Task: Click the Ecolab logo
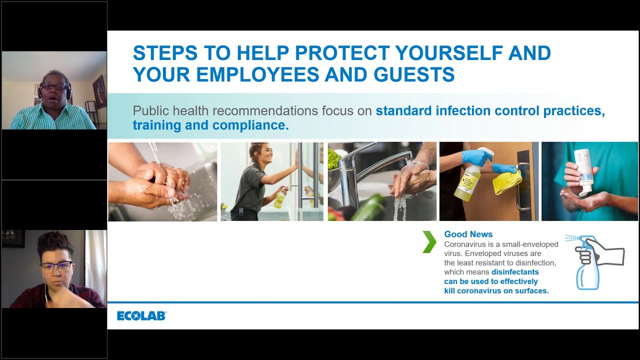(141, 315)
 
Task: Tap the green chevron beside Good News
(429, 241)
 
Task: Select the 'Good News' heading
(468, 234)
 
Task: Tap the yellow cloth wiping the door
(507, 181)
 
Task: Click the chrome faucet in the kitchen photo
(368, 171)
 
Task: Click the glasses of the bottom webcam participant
(56, 267)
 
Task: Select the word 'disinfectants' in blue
(515, 271)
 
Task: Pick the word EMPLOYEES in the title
(257, 74)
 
